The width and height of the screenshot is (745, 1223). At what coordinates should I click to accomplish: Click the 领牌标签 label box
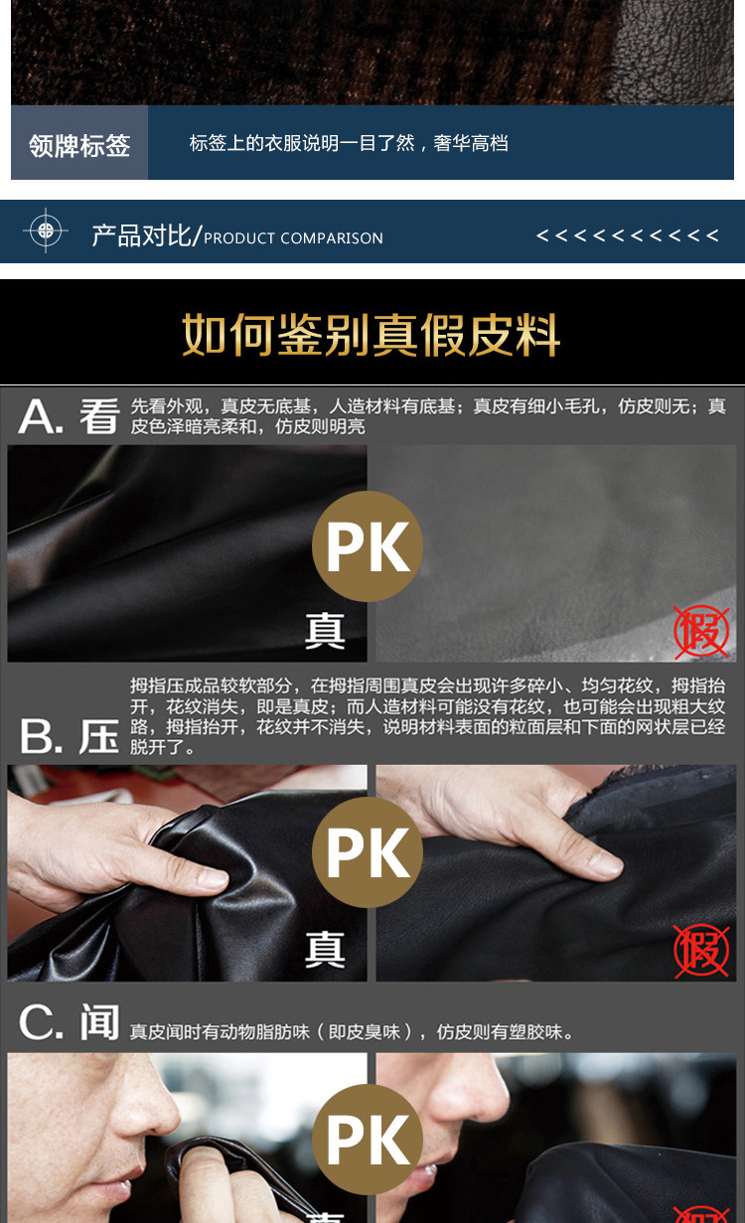[79, 143]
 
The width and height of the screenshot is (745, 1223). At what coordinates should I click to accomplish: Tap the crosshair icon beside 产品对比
[46, 230]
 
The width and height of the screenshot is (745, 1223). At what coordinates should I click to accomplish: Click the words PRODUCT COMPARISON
[293, 238]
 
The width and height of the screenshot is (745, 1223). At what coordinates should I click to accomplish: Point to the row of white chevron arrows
[628, 235]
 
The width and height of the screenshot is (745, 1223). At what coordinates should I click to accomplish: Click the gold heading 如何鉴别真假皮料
[372, 335]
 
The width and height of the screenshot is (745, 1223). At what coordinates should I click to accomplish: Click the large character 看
[100, 416]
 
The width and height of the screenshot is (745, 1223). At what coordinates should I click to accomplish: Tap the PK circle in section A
[368, 546]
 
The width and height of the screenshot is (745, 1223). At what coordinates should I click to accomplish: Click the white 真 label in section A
[325, 631]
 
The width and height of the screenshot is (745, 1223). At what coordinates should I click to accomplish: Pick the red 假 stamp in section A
[701, 631]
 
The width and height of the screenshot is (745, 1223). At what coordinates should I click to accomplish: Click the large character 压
[98, 736]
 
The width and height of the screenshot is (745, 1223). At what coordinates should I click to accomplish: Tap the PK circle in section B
[368, 851]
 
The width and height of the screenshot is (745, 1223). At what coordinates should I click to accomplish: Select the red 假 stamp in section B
[701, 950]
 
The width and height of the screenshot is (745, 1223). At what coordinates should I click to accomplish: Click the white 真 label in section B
[325, 950]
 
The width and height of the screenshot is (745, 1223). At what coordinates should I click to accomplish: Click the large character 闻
[100, 1022]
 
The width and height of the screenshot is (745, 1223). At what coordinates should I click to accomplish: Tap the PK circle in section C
[368, 1140]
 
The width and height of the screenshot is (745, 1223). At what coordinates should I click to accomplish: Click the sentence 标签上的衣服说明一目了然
[302, 143]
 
